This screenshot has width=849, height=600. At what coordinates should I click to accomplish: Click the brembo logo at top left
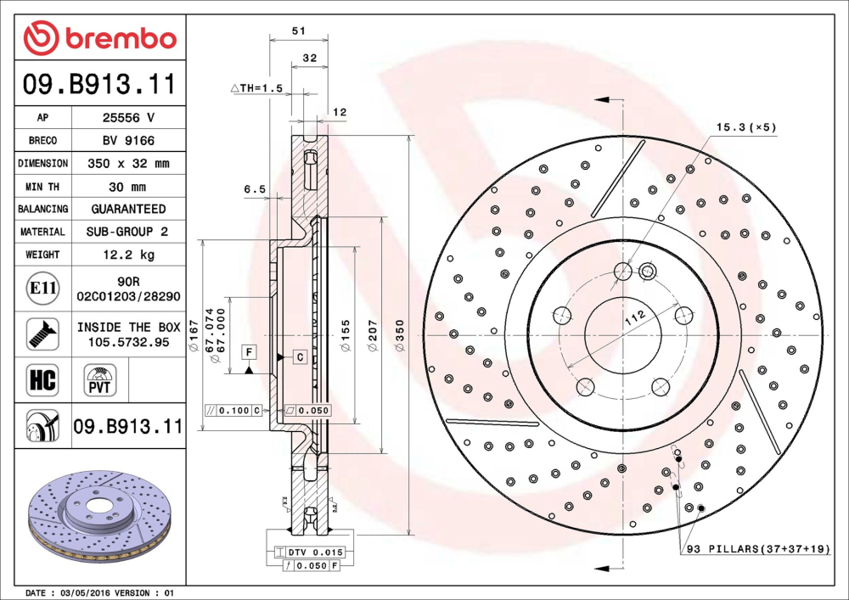click(x=100, y=38)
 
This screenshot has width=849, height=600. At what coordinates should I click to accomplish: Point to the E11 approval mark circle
click(x=43, y=289)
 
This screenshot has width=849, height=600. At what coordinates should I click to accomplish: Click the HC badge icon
click(x=42, y=379)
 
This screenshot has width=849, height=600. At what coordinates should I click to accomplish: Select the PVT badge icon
click(x=99, y=379)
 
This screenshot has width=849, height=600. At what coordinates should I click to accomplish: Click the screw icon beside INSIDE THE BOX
click(x=42, y=334)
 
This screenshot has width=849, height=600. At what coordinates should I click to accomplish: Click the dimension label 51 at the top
click(x=298, y=31)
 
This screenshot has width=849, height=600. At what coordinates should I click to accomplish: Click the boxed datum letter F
click(x=249, y=351)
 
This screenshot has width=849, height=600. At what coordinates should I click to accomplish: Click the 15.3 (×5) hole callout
click(x=745, y=127)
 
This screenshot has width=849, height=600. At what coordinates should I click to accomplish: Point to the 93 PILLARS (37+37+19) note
click(x=758, y=550)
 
